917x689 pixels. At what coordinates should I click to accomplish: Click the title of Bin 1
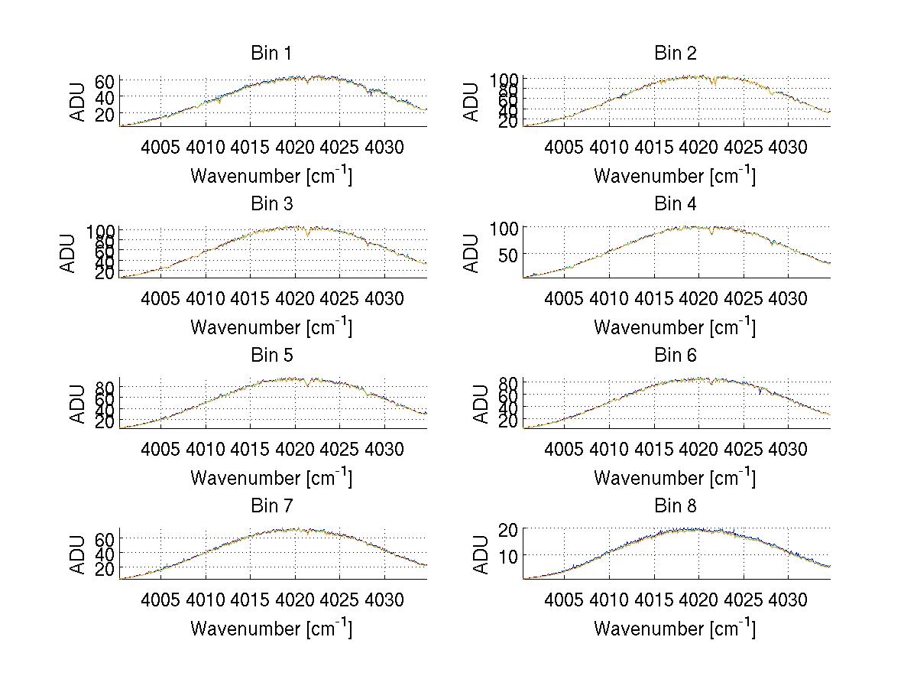tap(271, 54)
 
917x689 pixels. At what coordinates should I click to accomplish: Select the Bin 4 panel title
tap(676, 204)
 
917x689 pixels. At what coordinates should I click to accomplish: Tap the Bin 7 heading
tap(271, 506)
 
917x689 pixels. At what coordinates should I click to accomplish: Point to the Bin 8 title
tap(676, 506)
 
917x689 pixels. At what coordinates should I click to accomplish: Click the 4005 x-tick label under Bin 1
tap(161, 147)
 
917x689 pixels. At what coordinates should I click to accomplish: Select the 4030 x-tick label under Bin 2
tap(788, 147)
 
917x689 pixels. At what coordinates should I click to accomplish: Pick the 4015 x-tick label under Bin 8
tap(653, 600)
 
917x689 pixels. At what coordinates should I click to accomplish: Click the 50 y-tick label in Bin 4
tap(509, 254)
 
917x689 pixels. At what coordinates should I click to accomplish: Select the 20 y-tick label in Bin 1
tap(105, 114)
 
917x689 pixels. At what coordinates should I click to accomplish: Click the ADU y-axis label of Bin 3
tap(69, 253)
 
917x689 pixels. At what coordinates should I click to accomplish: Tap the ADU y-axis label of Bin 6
tap(472, 404)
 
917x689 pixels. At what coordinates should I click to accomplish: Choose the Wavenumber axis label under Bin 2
tap(675, 176)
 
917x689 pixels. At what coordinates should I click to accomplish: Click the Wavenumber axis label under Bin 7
tap(271, 629)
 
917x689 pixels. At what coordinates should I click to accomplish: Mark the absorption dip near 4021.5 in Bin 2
tap(713, 83)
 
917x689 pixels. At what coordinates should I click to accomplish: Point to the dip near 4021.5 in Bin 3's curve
tap(308, 234)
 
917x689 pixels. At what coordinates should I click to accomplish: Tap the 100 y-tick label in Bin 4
tap(504, 228)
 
